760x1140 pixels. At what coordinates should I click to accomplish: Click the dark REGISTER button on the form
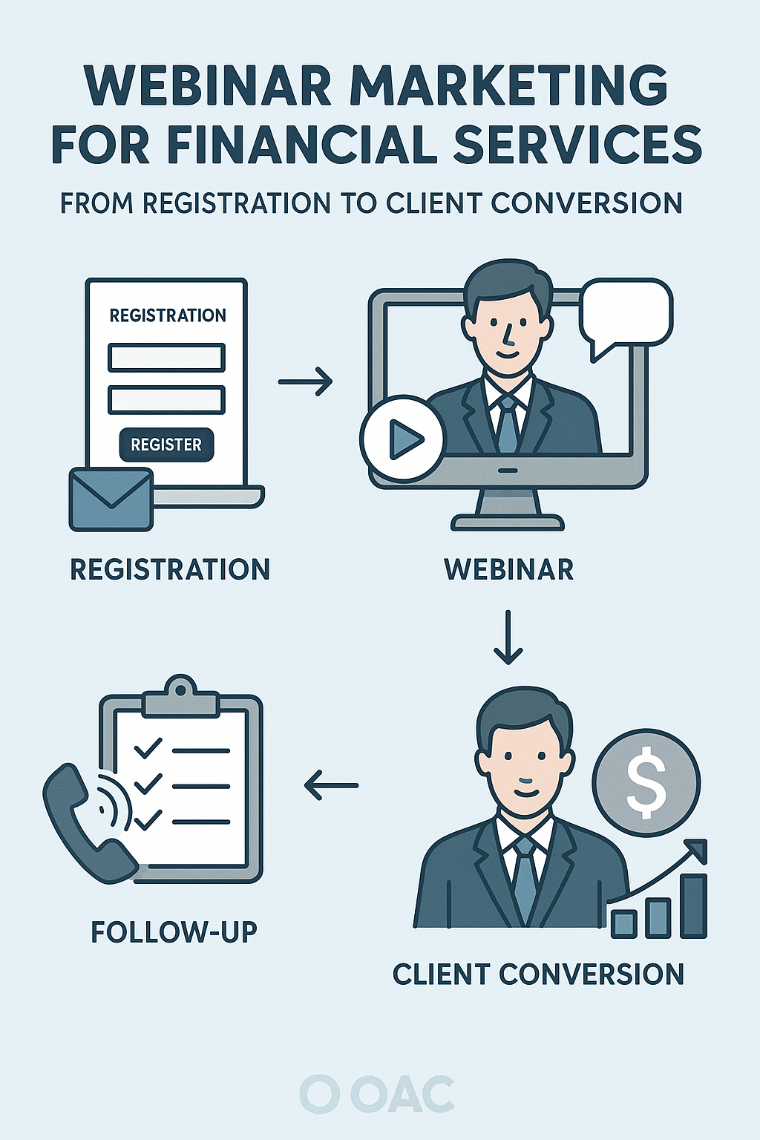click(166, 445)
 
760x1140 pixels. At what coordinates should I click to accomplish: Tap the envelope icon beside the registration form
click(111, 499)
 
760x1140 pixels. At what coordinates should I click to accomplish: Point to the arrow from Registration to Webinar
click(305, 381)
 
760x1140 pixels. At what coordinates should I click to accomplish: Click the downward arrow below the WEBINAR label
click(508, 637)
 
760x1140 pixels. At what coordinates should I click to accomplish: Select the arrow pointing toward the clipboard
click(331, 784)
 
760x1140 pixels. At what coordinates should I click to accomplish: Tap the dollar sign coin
click(646, 782)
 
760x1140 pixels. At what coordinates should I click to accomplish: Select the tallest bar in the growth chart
click(694, 905)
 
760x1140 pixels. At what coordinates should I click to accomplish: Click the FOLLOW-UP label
click(174, 931)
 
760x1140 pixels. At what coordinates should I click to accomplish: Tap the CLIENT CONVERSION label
click(538, 974)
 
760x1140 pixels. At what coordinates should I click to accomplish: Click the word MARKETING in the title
click(508, 86)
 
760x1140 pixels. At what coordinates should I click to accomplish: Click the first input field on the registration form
click(166, 358)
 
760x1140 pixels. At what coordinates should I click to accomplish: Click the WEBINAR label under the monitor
click(508, 569)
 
